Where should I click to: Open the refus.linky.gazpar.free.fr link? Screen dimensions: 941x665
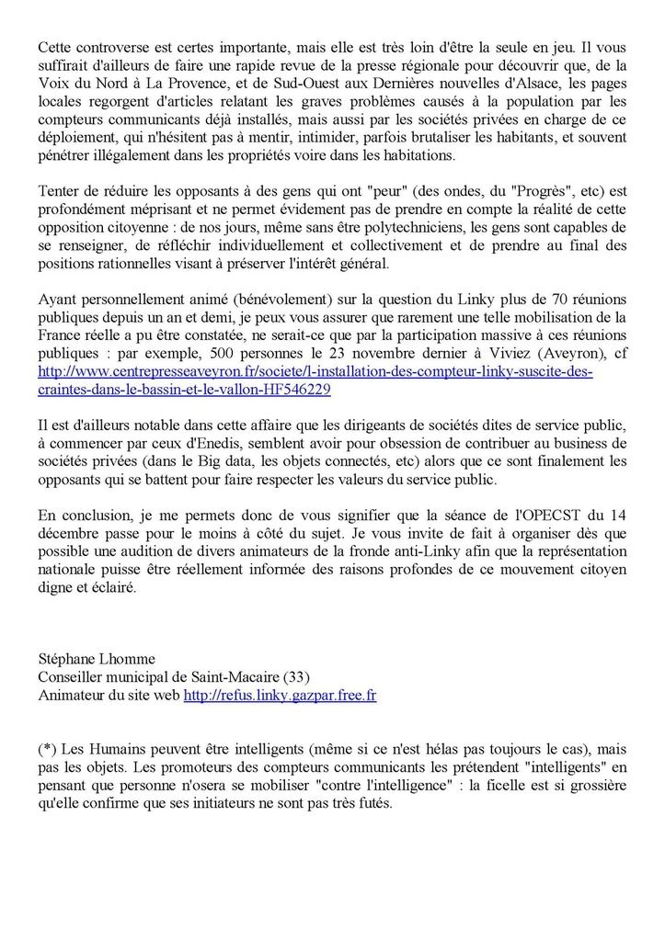click(x=280, y=696)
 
